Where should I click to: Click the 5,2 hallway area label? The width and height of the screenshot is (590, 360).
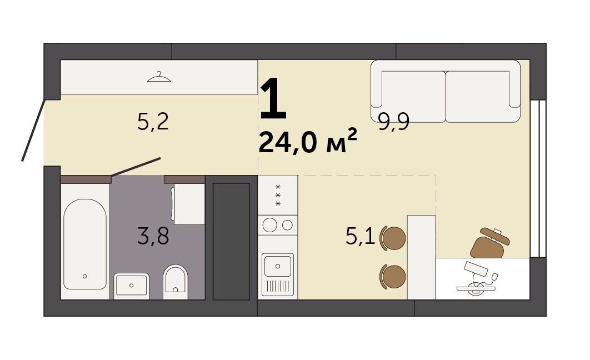coord(153,122)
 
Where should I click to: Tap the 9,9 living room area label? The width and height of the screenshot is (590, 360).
coord(393,122)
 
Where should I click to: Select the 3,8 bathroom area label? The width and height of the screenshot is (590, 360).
coord(153,237)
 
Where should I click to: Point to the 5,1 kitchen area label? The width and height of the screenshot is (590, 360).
coord(360,237)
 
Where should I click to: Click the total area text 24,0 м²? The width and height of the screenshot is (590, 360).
coord(308,141)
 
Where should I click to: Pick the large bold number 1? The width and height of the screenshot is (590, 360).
coord(273,98)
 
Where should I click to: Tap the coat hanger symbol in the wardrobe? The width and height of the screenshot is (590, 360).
coord(159,77)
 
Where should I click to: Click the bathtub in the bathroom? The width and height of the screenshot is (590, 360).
coord(85,244)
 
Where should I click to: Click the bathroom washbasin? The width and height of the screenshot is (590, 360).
coord(131,286)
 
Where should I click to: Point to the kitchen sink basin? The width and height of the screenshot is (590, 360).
coord(278,266)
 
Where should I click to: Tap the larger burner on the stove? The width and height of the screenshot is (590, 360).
coord(270,225)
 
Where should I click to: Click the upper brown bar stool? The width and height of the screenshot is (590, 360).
coord(393,238)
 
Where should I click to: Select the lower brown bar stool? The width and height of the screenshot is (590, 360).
coord(393,277)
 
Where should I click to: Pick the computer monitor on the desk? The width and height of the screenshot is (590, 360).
coord(476,269)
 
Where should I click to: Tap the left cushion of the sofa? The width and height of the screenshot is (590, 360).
coord(413,97)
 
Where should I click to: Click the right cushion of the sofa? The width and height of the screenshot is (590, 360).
coord(477,97)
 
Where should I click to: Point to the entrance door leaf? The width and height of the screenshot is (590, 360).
coord(33,130)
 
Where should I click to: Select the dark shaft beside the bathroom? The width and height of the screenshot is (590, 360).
coord(232,241)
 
